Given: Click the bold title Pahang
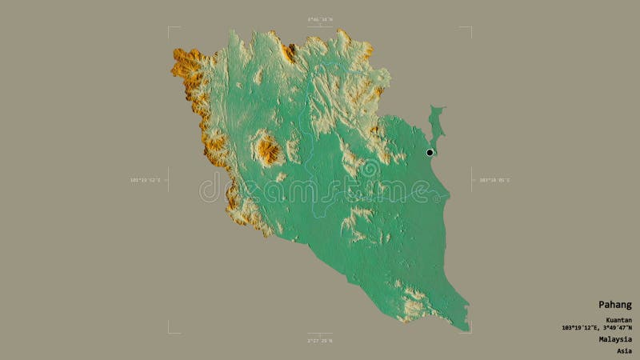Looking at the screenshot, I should pyautogui.click(x=615, y=305).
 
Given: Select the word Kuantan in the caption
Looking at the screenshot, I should pyautogui.click(x=618, y=320).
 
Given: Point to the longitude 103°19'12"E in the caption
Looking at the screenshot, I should pyautogui.click(x=579, y=328).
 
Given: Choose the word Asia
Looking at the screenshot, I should pyautogui.click(x=623, y=350).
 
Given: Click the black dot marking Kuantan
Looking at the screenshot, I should pyautogui.click(x=430, y=152).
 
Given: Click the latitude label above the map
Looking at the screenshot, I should pyautogui.click(x=320, y=19).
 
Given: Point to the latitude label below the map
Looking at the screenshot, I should pyautogui.click(x=320, y=341).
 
